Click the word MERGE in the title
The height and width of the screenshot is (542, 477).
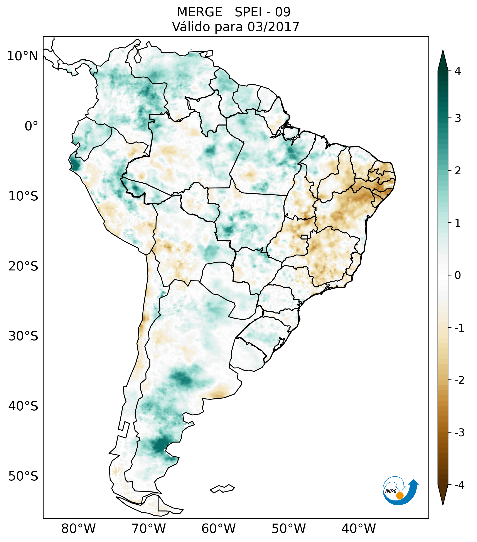(x=199, y=12)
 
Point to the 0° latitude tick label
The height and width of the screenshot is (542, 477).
(x=31, y=126)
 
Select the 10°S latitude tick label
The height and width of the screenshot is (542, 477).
(x=23, y=196)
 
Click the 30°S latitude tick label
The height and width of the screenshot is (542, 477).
(x=23, y=336)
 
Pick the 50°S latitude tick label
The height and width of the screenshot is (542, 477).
(x=23, y=476)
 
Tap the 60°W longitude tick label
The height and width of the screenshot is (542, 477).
(x=218, y=529)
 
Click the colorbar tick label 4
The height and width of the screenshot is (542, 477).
(x=458, y=71)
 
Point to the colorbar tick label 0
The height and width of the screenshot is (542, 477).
(x=458, y=275)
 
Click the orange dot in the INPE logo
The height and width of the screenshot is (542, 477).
(x=399, y=496)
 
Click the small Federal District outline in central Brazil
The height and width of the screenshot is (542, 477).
(x=304, y=237)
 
